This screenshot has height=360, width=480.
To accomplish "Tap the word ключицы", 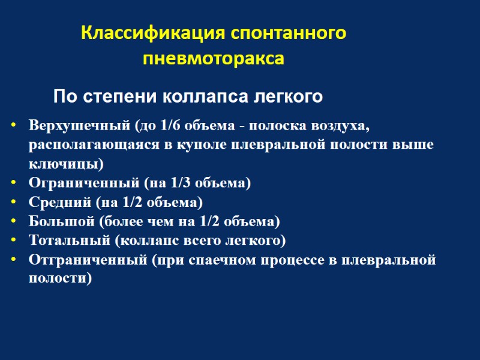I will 64,164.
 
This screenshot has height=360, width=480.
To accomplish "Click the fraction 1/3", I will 181,183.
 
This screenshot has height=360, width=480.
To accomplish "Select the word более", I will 119,221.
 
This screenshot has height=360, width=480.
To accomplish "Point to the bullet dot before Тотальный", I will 14,241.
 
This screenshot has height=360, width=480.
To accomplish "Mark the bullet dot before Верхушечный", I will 14,127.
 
